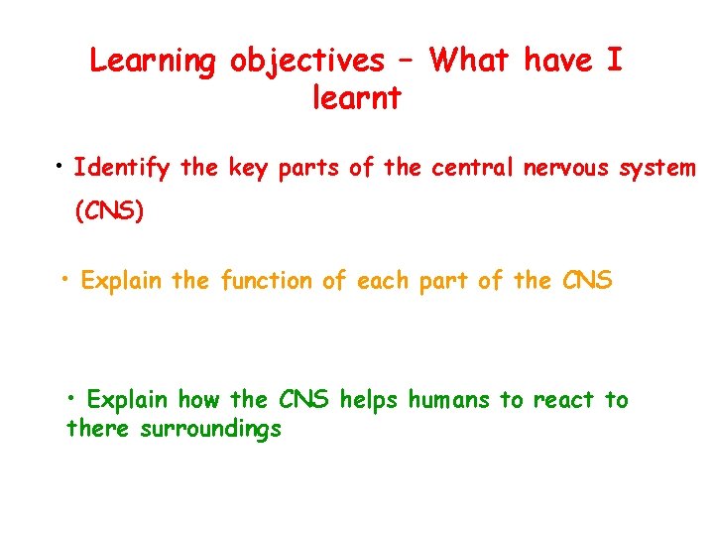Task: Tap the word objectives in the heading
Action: pos(306,62)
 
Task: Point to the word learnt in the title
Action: pos(356,98)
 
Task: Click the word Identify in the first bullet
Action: pos(122,168)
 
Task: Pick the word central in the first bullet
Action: pos(469,168)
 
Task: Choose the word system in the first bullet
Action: pos(657,168)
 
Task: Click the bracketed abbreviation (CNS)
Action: pos(109,212)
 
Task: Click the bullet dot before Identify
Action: pos(61,163)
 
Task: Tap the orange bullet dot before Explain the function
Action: pos(66,277)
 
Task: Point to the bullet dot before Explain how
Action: pos(74,396)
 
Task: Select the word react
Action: pos(564,400)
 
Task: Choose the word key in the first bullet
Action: pos(249,168)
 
